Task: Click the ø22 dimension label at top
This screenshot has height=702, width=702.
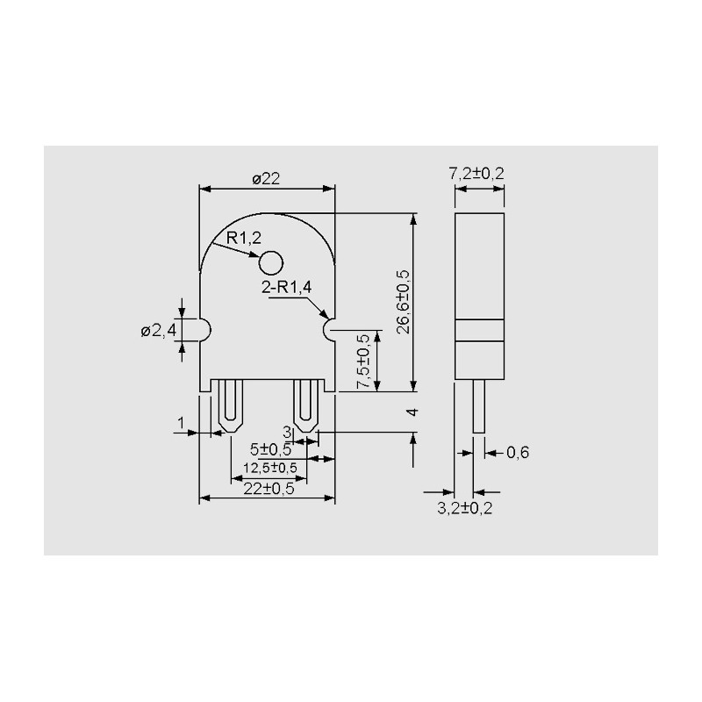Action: (x=266, y=179)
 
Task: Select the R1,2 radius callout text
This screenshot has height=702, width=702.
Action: (x=244, y=238)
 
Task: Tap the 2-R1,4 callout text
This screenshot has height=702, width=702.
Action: (x=287, y=287)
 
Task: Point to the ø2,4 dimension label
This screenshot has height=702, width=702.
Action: (x=159, y=332)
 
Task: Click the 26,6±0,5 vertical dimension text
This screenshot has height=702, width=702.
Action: (x=404, y=302)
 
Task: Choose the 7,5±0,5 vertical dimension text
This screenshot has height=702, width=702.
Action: (x=363, y=362)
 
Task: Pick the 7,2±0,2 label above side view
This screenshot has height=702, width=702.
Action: (x=476, y=173)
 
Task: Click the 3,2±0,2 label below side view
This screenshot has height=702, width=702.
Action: (x=465, y=508)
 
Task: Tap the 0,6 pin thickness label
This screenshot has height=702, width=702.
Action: (x=518, y=453)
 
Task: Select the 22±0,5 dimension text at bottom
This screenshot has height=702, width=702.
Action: (x=269, y=489)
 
